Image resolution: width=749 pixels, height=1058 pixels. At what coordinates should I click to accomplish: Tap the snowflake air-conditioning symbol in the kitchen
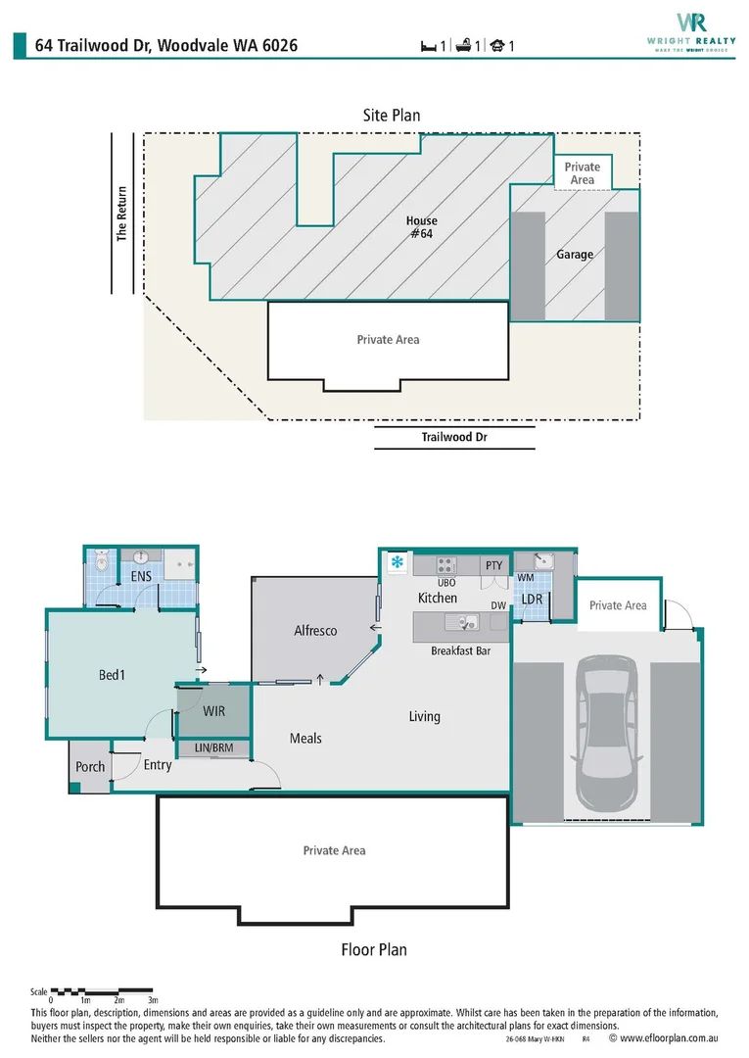pyautogui.click(x=397, y=562)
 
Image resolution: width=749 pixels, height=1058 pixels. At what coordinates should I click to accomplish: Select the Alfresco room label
pyautogui.click(x=315, y=631)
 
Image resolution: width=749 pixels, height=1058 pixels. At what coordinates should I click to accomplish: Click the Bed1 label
pyautogui.click(x=112, y=675)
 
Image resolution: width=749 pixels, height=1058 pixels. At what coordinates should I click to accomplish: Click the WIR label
pyautogui.click(x=213, y=711)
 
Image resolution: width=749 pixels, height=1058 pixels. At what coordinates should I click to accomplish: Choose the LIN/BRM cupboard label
pyautogui.click(x=213, y=748)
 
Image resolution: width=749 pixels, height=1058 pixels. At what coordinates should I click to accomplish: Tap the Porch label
pyautogui.click(x=90, y=766)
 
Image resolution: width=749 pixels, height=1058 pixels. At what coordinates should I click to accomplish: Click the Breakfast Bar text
pyautogui.click(x=459, y=651)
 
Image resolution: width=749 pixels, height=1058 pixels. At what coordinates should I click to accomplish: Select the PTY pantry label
pyautogui.click(x=493, y=565)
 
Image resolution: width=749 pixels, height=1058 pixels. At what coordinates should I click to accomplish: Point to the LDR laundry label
pyautogui.click(x=532, y=599)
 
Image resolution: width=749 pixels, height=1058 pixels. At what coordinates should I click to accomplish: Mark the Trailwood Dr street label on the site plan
pyautogui.click(x=454, y=437)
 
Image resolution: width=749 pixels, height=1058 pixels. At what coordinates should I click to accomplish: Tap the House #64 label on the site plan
pyautogui.click(x=421, y=227)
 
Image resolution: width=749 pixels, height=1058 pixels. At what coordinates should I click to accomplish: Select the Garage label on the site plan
pyautogui.click(x=575, y=255)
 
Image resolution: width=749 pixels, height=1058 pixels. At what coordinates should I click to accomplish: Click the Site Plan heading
pyautogui.click(x=392, y=115)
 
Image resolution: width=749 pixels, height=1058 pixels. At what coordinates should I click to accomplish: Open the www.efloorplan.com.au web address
pyautogui.click(x=670, y=1038)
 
